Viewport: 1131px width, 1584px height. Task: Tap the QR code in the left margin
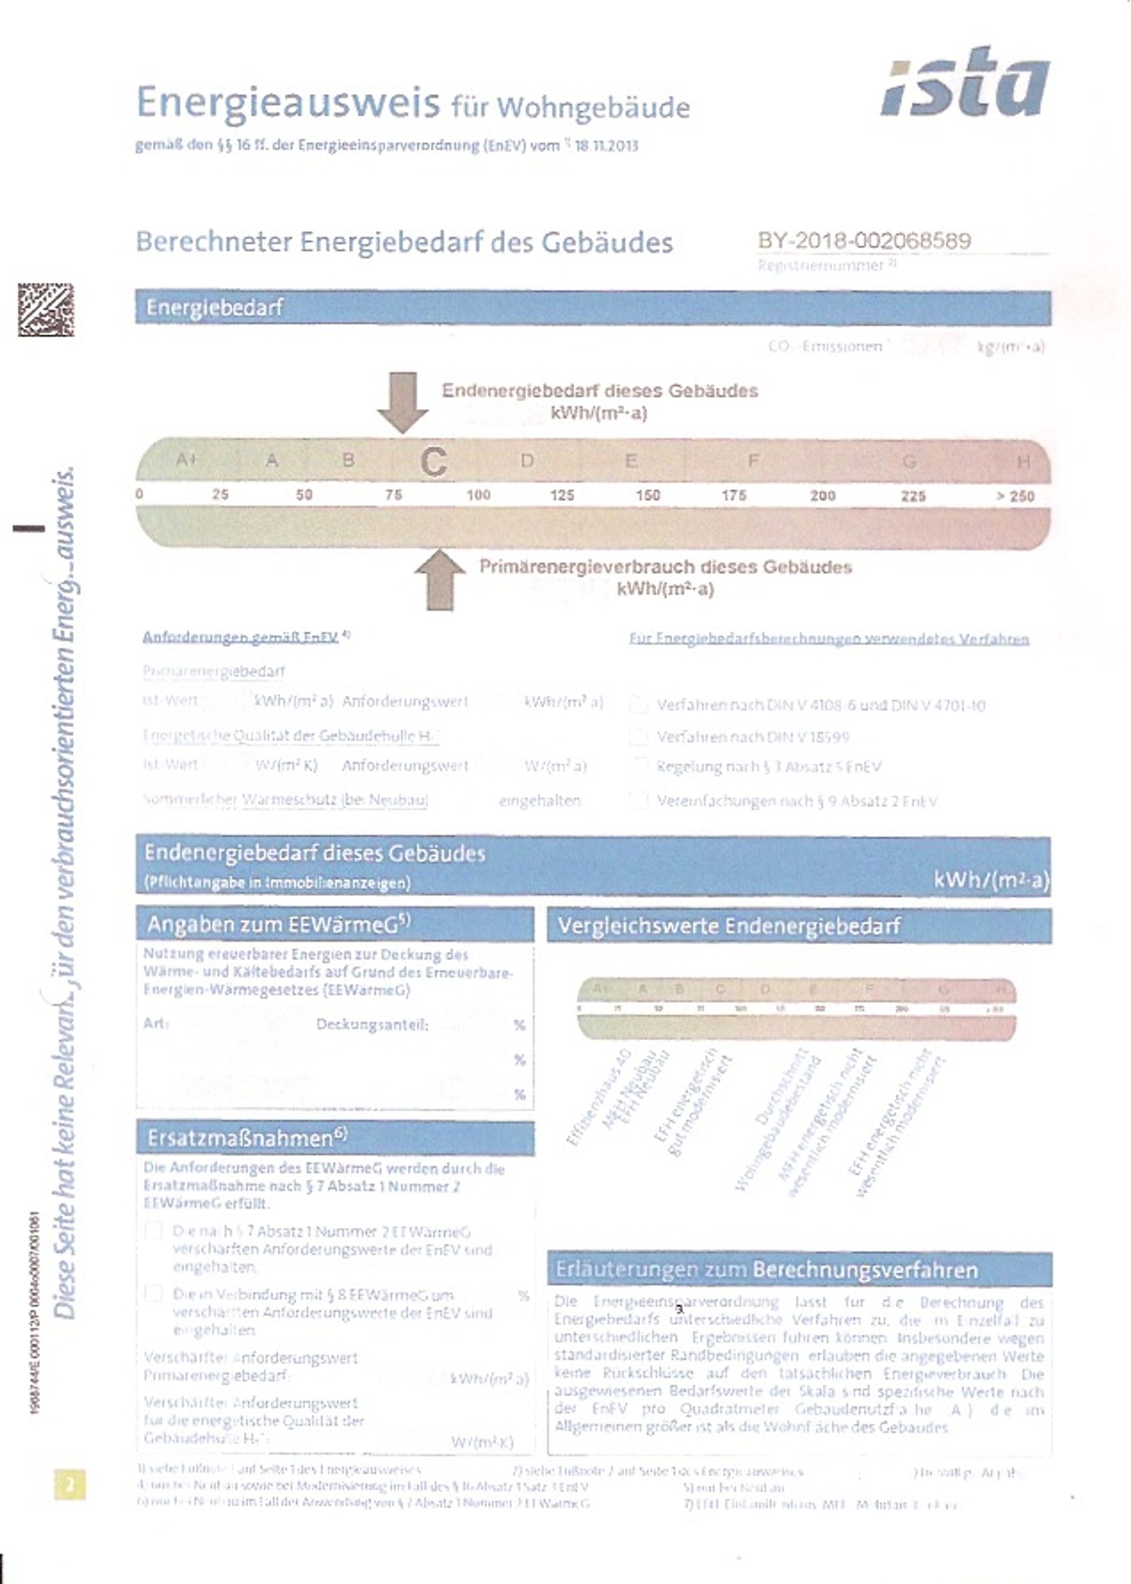click(46, 310)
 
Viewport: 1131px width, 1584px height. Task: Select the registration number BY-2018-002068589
click(864, 241)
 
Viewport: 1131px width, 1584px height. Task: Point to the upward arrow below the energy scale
click(440, 580)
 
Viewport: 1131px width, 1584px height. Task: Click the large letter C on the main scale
click(433, 462)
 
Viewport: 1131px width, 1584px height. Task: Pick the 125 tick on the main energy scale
click(562, 496)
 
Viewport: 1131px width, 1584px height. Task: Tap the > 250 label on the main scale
click(1015, 496)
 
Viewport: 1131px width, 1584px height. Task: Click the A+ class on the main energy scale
click(187, 459)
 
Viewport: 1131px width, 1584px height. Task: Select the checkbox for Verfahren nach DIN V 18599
click(638, 736)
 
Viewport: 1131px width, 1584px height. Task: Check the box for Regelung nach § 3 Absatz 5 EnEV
click(638, 766)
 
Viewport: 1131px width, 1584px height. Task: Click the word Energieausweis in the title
click(287, 103)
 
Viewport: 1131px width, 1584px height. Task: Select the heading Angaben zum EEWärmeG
click(279, 924)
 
